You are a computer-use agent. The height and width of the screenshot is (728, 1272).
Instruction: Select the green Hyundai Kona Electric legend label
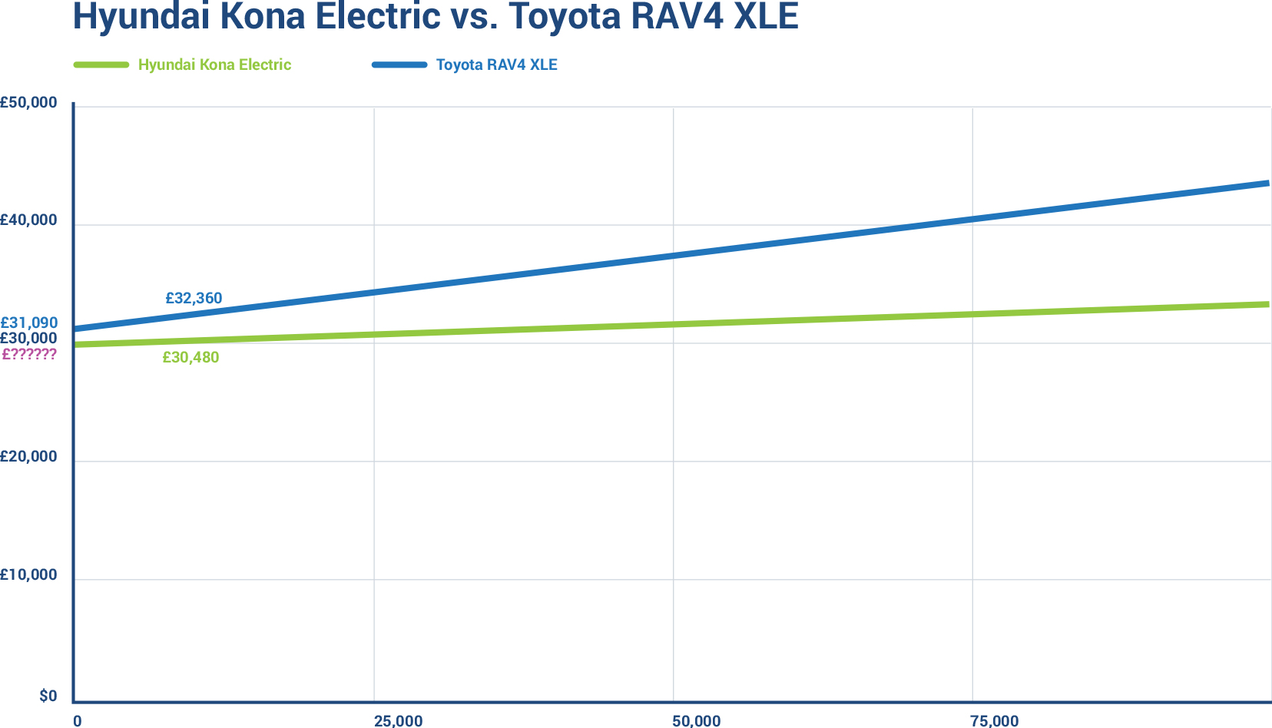(214, 65)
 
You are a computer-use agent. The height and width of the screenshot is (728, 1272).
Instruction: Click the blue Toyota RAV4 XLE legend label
(496, 65)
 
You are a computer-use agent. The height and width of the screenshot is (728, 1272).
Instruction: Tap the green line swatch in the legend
(101, 65)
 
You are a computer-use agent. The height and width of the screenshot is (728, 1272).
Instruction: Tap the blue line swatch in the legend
(399, 65)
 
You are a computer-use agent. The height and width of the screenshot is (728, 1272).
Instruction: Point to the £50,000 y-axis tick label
(28, 102)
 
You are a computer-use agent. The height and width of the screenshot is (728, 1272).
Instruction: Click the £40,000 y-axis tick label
(28, 220)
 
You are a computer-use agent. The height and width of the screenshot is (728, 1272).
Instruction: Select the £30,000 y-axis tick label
(28, 338)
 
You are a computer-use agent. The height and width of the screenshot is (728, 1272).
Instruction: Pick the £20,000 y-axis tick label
(28, 457)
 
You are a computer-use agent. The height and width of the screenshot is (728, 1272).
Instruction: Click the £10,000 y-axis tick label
(28, 575)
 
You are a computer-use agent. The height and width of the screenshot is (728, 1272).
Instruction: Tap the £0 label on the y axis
(48, 697)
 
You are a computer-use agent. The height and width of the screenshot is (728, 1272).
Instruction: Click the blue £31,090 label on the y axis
(28, 323)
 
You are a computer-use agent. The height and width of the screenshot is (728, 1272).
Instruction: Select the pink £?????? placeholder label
(29, 354)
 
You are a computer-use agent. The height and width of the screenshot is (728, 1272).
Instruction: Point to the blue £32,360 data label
(194, 298)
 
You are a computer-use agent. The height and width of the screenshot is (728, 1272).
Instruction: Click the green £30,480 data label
(190, 357)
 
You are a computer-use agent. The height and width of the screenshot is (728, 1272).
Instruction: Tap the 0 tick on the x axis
(77, 721)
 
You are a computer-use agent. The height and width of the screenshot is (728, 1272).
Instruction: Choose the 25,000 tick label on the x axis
(398, 721)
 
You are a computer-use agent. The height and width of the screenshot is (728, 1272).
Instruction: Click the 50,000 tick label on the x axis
(696, 721)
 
